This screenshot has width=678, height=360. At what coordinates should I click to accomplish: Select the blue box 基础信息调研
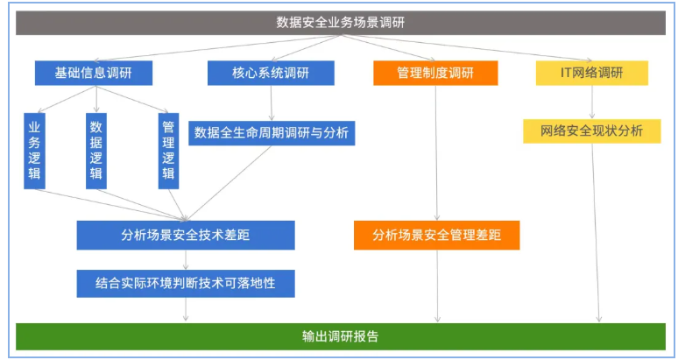[93, 73]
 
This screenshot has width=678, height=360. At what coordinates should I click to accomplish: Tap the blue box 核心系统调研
[271, 73]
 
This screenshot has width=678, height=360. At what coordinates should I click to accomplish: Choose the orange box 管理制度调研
[434, 73]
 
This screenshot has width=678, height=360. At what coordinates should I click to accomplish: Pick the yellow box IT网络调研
[591, 73]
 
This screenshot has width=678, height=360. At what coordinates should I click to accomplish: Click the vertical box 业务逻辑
[35, 150]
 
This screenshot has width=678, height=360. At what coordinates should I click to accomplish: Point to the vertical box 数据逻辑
[96, 150]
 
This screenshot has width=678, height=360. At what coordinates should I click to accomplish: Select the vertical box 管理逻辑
[167, 150]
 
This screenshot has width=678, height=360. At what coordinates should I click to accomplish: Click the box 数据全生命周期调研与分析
[272, 133]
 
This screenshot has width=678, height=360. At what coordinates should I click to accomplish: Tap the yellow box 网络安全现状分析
[591, 131]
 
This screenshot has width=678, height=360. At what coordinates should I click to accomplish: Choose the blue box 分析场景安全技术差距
[186, 235]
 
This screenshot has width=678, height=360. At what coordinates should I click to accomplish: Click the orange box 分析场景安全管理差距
[436, 235]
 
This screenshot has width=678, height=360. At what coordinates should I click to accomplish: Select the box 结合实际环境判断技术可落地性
[186, 283]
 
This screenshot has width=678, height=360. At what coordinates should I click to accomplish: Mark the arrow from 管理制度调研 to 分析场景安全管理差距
[435, 153]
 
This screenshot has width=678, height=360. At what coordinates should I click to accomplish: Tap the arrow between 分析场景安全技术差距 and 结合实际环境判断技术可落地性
[186, 259]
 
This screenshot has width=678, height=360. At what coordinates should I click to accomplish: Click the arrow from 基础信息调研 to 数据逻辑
[95, 99]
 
